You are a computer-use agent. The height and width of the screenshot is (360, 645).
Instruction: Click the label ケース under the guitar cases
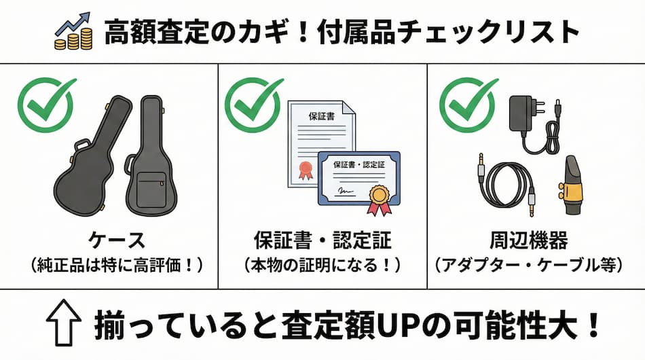coord(117,240)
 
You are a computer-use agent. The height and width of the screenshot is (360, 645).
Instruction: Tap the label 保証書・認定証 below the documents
coord(322,240)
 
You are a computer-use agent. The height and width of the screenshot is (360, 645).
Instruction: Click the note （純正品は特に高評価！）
coord(117,265)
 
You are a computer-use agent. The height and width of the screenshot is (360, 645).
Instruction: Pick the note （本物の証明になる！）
coord(322,265)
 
